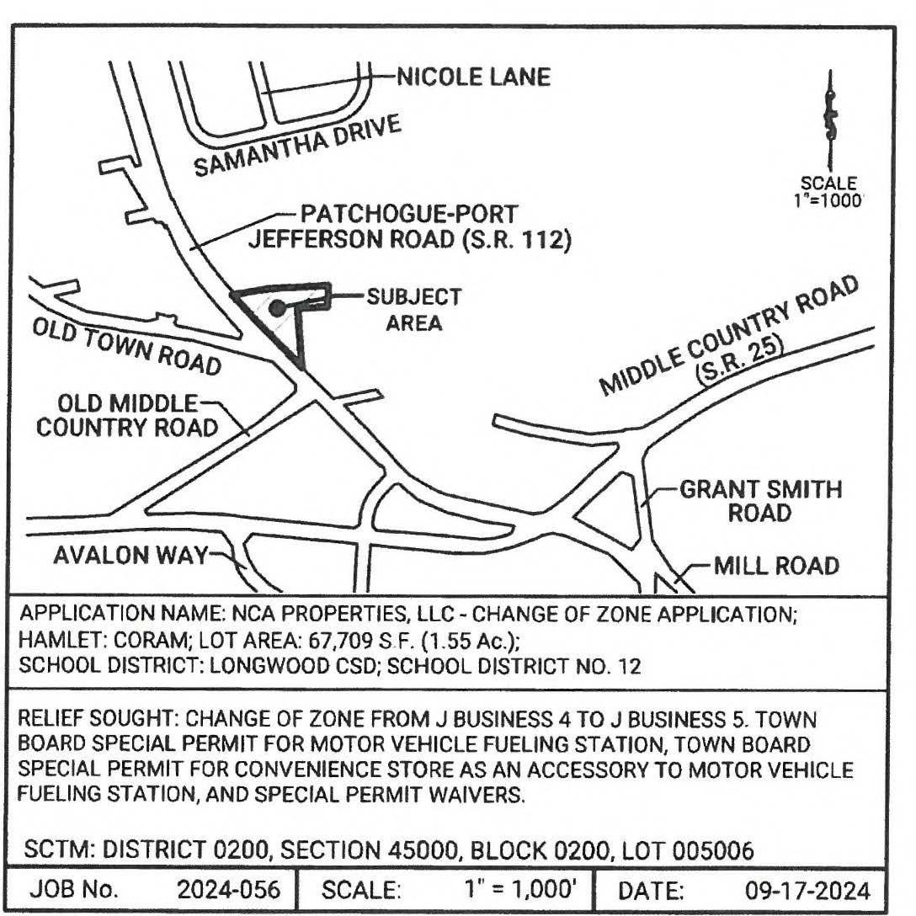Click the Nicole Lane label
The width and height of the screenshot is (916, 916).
[473, 78]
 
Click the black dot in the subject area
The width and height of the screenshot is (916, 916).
[276, 308]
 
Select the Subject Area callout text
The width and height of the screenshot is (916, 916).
[413, 309]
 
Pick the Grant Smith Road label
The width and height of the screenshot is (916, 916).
[760, 500]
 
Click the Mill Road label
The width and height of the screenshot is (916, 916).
[776, 565]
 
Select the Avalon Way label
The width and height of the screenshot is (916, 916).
[130, 557]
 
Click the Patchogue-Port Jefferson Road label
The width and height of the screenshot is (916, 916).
[409, 226]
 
